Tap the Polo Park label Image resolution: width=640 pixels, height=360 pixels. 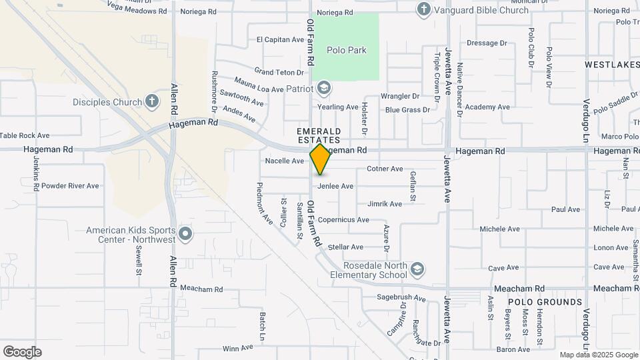[346, 50]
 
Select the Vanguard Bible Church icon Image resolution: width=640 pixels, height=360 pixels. [423, 9]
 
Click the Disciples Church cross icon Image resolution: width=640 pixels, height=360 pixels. [152, 102]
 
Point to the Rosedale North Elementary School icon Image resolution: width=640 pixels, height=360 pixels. [417, 269]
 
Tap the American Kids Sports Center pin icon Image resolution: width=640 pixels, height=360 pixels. [186, 235]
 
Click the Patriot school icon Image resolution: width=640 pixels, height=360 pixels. [323, 88]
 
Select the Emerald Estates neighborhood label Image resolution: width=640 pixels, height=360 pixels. [319, 135]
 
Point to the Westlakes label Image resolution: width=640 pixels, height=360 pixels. [611, 65]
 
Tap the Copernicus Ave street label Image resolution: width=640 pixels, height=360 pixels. [343, 220]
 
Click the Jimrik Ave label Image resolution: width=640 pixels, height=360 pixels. [385, 204]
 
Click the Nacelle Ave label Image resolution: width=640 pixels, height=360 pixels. [285, 161]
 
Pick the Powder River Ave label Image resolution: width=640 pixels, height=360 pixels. [70, 186]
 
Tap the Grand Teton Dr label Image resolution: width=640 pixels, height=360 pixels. [279, 71]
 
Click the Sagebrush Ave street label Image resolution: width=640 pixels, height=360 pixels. [401, 298]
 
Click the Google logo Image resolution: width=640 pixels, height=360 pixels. [22, 352]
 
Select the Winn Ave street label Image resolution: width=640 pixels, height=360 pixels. [238, 348]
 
